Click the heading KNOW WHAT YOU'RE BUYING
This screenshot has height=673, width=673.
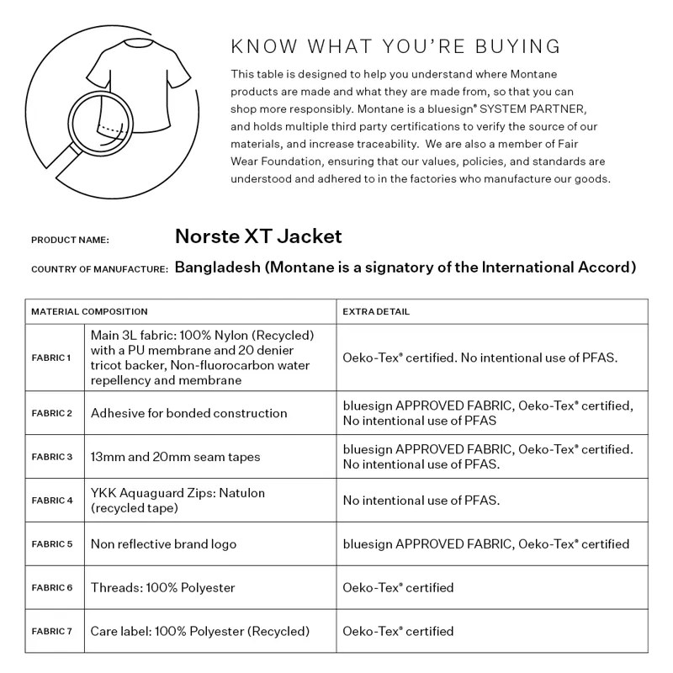point(395,45)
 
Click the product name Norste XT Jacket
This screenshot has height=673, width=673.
point(258,236)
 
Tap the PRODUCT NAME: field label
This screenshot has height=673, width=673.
point(70,240)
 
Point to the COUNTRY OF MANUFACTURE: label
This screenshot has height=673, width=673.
point(99,269)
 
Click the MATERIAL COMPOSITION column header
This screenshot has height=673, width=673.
point(89,311)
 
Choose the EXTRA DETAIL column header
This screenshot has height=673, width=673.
point(376,311)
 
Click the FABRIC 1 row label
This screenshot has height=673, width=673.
point(51,358)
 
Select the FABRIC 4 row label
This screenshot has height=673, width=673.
point(51,501)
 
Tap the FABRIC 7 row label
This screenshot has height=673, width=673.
point(51,631)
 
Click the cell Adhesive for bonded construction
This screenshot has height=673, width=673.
point(189,413)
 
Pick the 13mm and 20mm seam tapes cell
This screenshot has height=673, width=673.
point(176,457)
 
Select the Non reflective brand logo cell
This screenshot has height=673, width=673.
point(164,544)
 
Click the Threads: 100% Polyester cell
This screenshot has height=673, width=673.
point(163,587)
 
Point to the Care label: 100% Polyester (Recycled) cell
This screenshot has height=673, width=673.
point(200,631)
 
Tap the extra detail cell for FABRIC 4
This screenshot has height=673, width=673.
point(421,501)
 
